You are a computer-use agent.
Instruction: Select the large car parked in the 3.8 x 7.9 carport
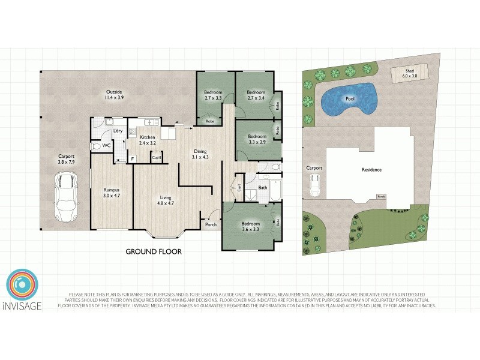66,197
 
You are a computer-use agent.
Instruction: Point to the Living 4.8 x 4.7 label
165,201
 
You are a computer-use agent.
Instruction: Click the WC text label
105,145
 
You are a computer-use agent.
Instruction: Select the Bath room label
262,188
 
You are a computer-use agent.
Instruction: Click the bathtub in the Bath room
274,190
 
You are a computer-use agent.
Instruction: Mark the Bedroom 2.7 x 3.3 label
213,95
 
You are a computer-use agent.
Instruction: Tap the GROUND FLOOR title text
153,251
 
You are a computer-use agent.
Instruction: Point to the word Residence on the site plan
371,170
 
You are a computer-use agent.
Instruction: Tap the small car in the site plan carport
314,187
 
